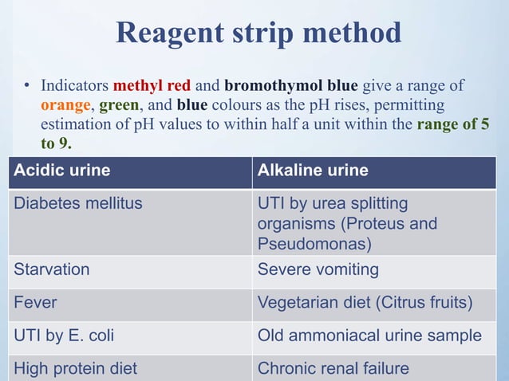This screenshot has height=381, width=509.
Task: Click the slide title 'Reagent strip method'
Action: pyautogui.click(x=258, y=33)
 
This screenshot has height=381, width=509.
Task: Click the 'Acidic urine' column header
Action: pyautogui.click(x=62, y=171)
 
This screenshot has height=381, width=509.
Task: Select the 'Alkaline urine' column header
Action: pyautogui.click(x=313, y=171)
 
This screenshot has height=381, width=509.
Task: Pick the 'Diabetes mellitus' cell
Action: pyautogui.click(x=78, y=203)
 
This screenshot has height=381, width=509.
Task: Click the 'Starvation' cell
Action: pyautogui.click(x=52, y=269)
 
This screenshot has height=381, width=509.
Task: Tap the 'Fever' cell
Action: pyautogui.click(x=36, y=303)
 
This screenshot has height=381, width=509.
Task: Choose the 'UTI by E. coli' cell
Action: pyautogui.click(x=64, y=336)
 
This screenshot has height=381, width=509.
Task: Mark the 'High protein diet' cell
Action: pyautogui.click(x=76, y=368)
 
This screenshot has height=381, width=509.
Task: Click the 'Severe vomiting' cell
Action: pyautogui.click(x=318, y=269)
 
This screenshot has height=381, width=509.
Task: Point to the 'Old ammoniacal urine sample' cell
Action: pyautogui.click(x=369, y=336)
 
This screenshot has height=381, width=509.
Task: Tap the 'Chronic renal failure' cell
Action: pyautogui.click(x=333, y=368)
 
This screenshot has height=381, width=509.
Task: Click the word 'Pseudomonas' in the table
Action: pyautogui.click(x=305, y=243)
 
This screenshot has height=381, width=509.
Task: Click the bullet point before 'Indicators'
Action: pyautogui.click(x=26, y=85)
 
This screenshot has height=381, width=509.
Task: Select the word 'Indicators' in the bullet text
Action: pyautogui.click(x=75, y=84)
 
